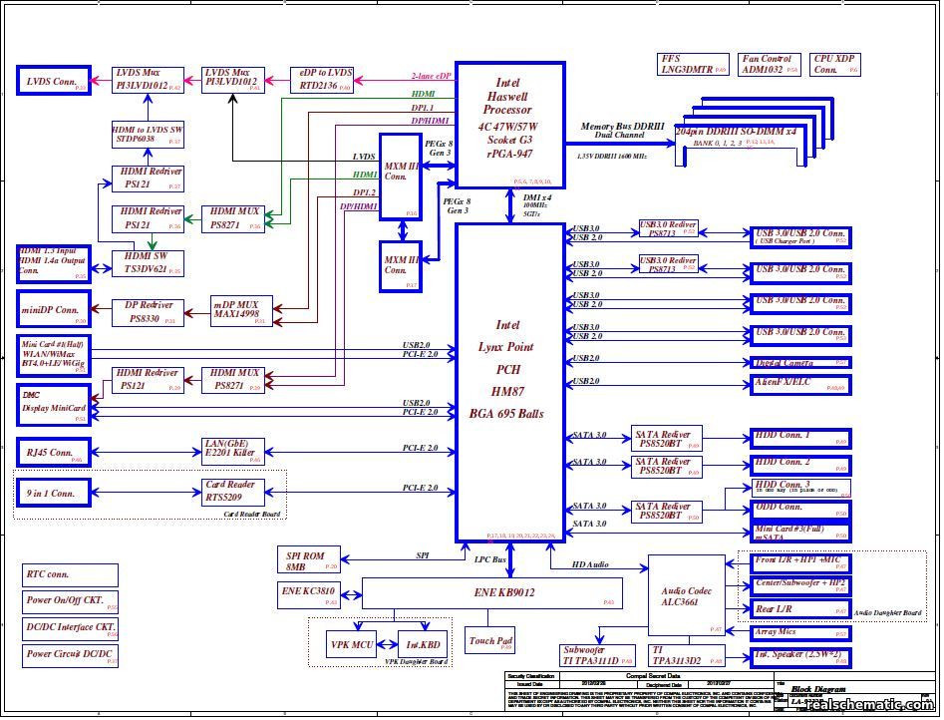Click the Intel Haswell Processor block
(x=509, y=125)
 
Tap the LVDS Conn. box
(x=54, y=82)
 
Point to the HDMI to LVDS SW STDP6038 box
(x=148, y=136)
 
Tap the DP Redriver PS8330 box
(x=150, y=312)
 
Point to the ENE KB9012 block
(x=491, y=593)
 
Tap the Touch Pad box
(x=490, y=640)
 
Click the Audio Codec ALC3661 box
(x=687, y=596)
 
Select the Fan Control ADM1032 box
(x=770, y=66)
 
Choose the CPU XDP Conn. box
(x=835, y=66)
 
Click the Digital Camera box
(x=799, y=363)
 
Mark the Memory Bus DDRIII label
(x=623, y=127)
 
